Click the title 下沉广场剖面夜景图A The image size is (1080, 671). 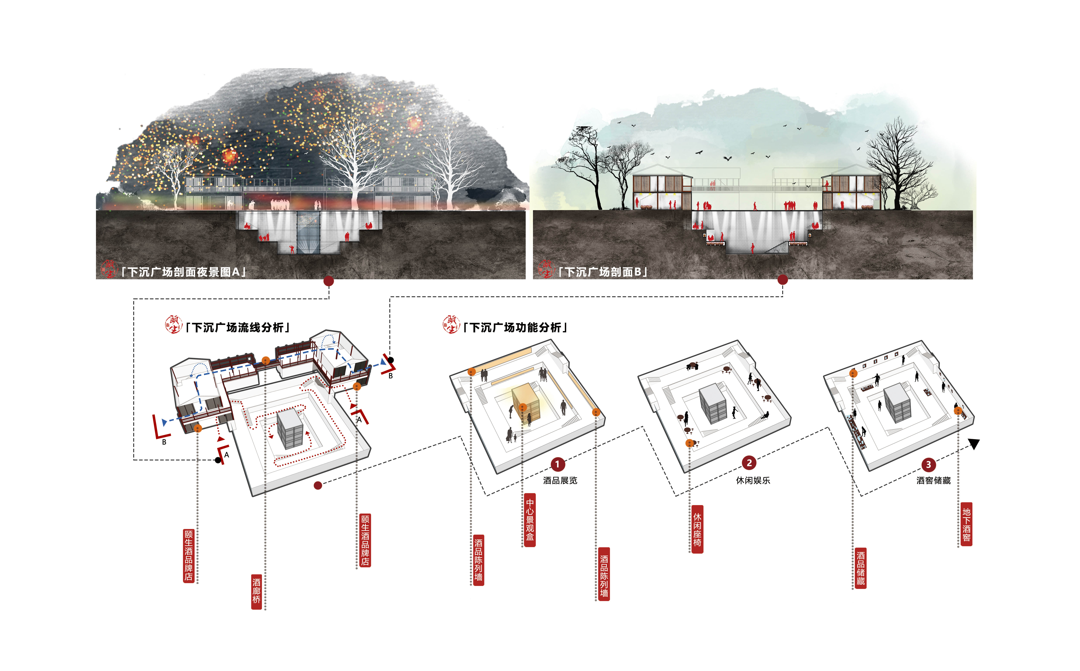pos(183,272)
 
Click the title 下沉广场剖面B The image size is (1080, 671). pos(602,272)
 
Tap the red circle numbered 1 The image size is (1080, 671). pos(558,464)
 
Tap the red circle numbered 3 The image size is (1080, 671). pos(928,465)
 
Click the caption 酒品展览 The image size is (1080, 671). pos(560,480)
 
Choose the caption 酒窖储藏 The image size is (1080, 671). pos(934,480)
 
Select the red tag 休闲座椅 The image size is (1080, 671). pos(697,529)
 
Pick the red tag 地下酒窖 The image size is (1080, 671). pos(966,524)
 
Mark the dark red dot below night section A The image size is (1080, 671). pos(329,281)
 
